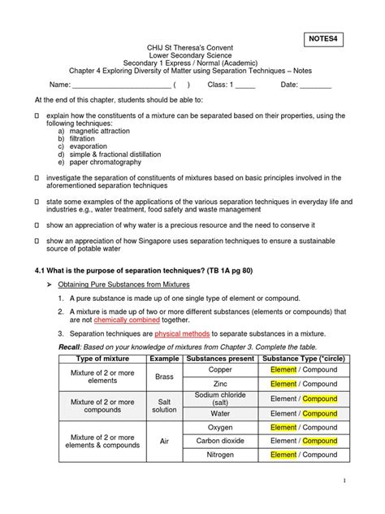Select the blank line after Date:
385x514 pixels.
point(316,85)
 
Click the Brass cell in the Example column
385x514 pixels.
point(165,377)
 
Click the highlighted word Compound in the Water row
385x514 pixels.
point(318,412)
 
